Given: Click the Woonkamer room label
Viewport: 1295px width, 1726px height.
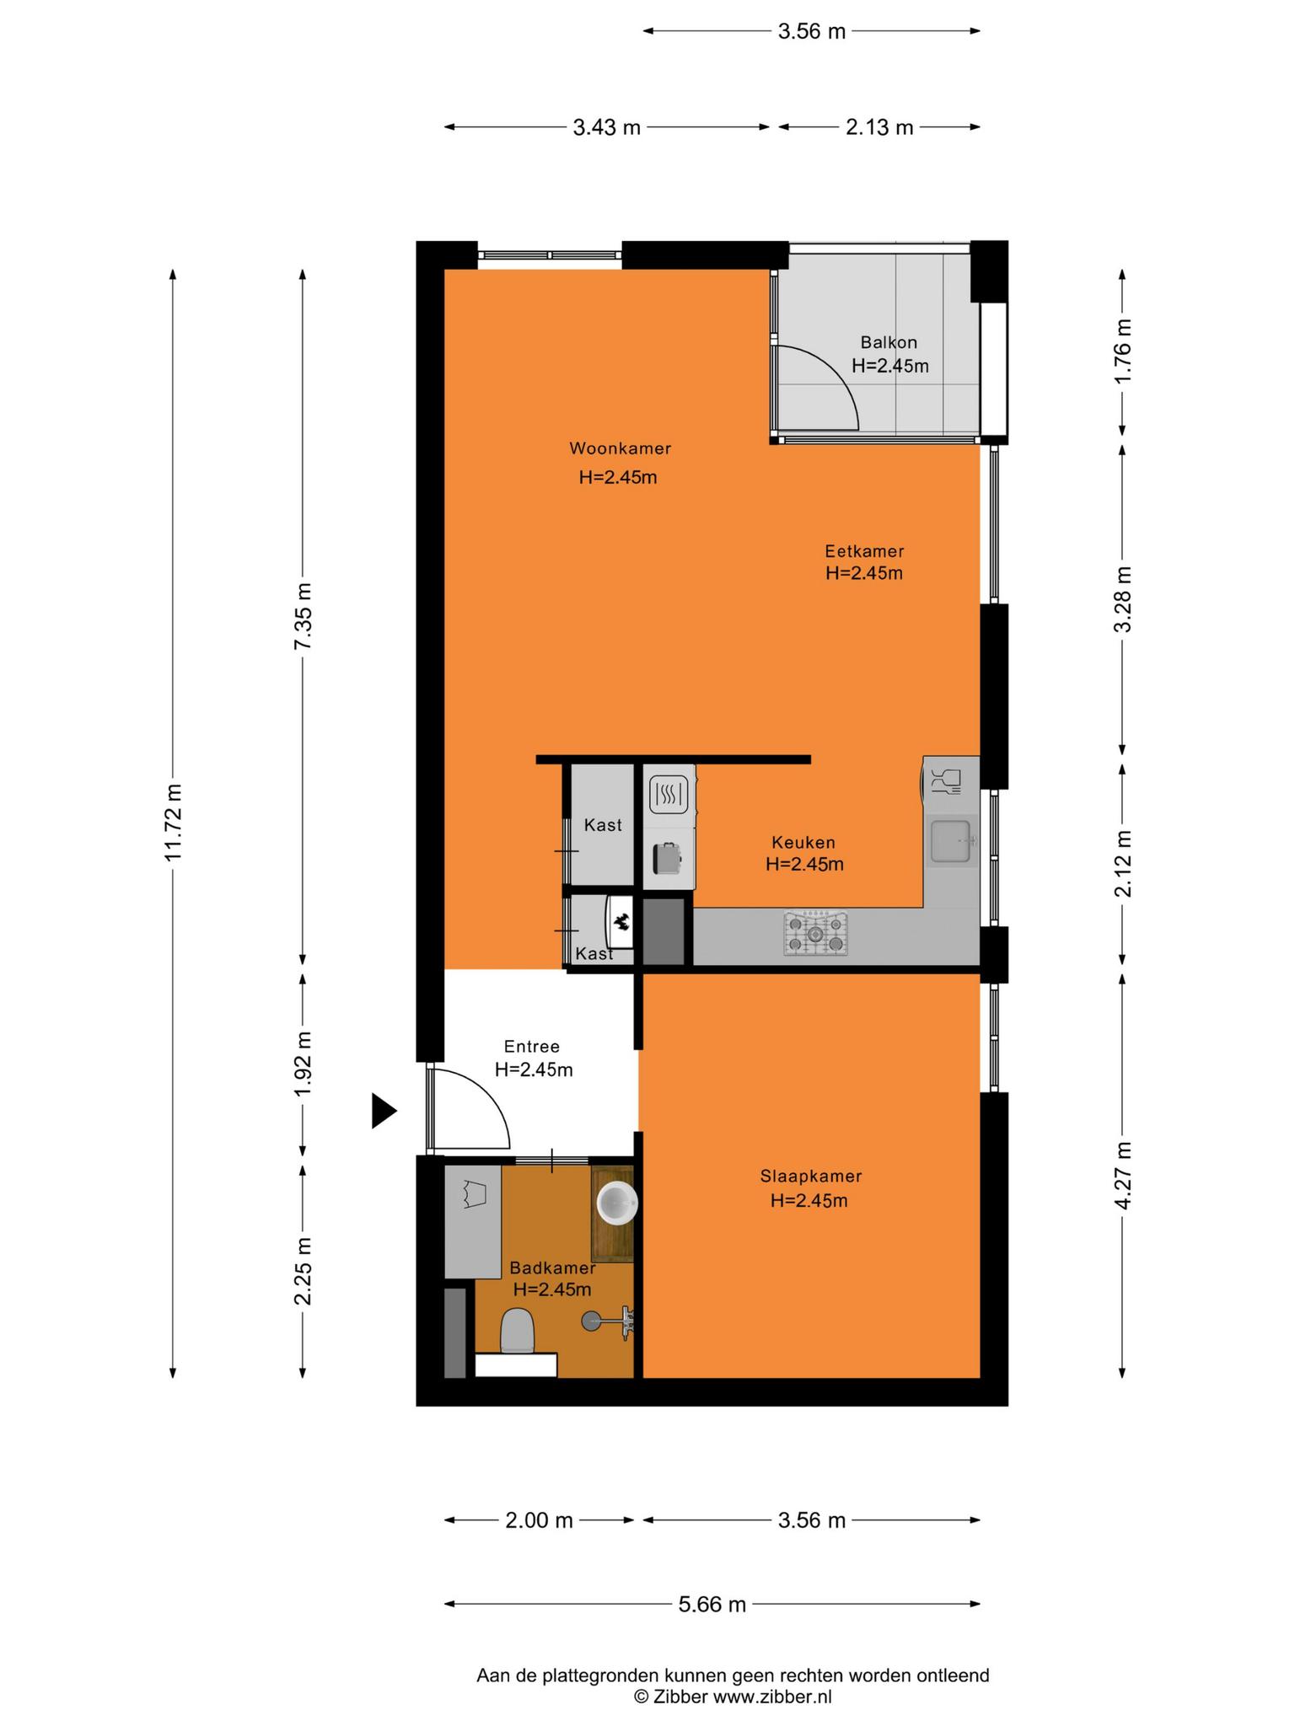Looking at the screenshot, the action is [x=620, y=448].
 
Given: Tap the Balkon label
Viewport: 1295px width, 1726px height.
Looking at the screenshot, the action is [x=889, y=342].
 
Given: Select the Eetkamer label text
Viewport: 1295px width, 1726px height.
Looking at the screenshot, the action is [x=864, y=551].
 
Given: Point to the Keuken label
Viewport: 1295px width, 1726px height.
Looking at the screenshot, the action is [x=803, y=842].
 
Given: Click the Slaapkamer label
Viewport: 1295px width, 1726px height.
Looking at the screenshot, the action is [x=810, y=1176].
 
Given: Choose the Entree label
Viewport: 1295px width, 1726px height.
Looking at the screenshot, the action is [x=532, y=1047].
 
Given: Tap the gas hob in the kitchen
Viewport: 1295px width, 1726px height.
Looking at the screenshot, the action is [x=815, y=933].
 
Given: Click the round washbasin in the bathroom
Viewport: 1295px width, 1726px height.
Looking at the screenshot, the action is [x=617, y=1203].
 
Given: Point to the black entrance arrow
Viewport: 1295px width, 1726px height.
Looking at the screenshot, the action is [x=384, y=1111].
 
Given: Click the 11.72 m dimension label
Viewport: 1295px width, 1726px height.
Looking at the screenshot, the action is [x=173, y=823].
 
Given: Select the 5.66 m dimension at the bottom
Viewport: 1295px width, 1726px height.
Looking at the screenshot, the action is [x=712, y=1604].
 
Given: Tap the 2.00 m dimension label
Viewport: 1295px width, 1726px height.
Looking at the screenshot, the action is [x=539, y=1520].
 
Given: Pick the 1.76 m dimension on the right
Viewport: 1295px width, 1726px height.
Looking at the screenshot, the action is [x=1122, y=351].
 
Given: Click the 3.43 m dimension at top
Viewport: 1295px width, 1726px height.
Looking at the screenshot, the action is [x=607, y=127].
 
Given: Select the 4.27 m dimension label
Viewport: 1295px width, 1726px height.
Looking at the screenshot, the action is [x=1122, y=1176].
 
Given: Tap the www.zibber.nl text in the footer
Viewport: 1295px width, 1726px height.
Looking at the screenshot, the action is [x=772, y=1697].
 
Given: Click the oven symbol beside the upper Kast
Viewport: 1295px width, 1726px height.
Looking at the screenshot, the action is [x=669, y=794].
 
